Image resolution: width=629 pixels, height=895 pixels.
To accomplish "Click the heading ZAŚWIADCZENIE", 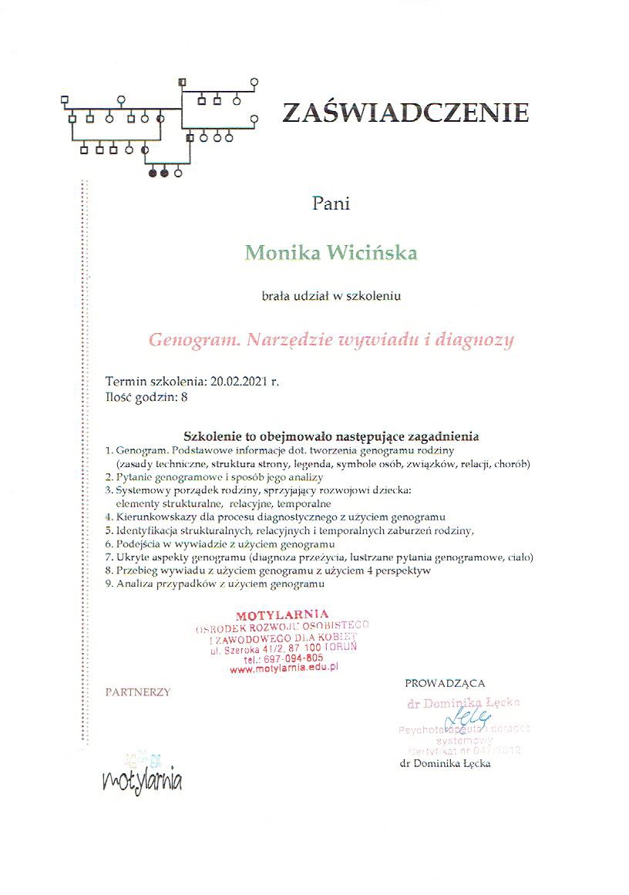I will [405, 113].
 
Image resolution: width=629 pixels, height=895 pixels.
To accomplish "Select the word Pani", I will [331, 204].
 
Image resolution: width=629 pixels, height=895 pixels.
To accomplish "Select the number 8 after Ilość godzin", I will [184, 398].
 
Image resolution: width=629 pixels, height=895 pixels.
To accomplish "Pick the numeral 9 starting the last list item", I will [109, 584].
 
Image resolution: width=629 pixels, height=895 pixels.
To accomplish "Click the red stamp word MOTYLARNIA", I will [277, 614].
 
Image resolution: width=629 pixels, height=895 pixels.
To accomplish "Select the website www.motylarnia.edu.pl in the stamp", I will [285, 671].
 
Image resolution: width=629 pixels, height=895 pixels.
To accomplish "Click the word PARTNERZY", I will [138, 692].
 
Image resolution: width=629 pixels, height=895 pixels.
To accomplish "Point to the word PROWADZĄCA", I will [445, 683].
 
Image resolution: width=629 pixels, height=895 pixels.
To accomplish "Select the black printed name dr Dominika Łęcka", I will [446, 763].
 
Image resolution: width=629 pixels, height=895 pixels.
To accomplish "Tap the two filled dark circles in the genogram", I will [158, 173].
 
